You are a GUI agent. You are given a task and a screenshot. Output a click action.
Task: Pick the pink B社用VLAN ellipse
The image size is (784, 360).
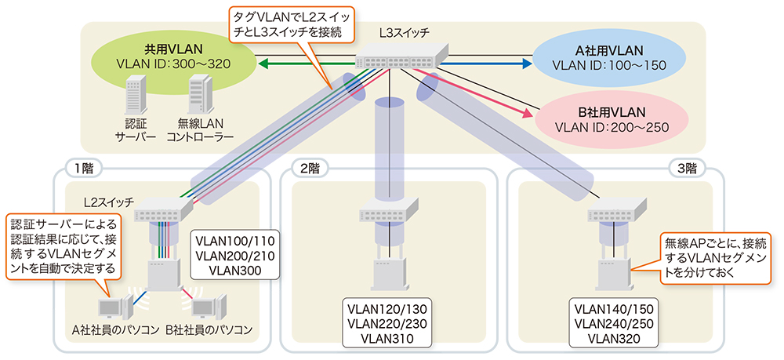(x=609, y=118)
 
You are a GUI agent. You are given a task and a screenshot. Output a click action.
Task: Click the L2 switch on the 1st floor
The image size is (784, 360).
(x=162, y=209)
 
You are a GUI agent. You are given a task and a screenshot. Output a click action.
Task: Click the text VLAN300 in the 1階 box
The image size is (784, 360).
(x=235, y=270)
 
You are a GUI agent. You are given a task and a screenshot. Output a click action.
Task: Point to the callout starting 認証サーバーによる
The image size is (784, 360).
(x=63, y=247)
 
